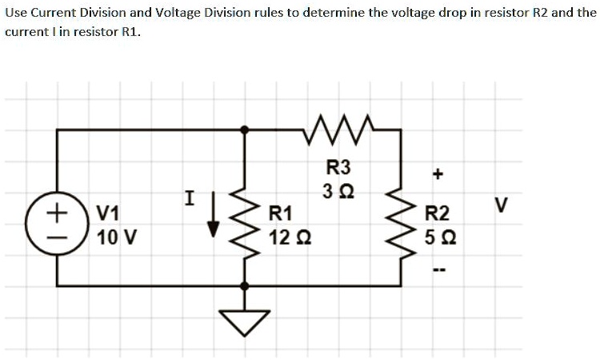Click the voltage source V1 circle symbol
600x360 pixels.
(x=56, y=224)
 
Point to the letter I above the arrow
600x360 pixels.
(x=189, y=194)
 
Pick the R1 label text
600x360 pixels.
(x=281, y=214)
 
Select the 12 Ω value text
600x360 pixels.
(x=286, y=238)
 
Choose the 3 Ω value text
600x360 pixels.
(x=339, y=192)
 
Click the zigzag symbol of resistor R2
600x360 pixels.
(x=400, y=225)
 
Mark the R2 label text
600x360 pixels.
(x=438, y=214)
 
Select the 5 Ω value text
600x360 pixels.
(x=439, y=238)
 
